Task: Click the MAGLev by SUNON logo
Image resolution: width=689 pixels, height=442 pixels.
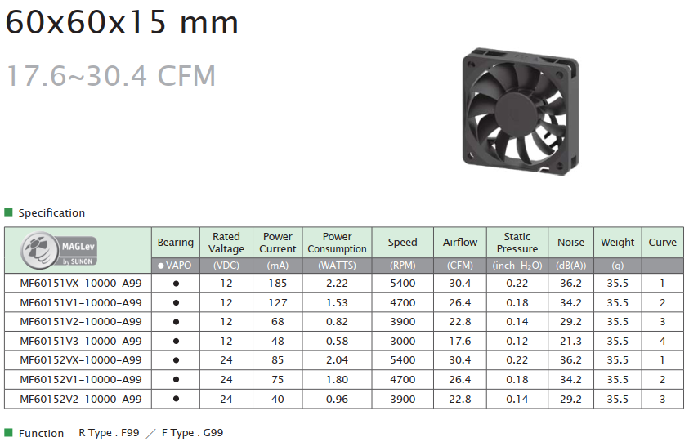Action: click(x=59, y=250)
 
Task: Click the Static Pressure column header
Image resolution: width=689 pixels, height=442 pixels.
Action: click(x=517, y=243)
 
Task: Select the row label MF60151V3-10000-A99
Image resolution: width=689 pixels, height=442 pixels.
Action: click(x=81, y=341)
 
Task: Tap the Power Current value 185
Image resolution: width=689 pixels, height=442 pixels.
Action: click(x=278, y=284)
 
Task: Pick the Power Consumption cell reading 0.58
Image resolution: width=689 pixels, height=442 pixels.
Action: click(x=337, y=341)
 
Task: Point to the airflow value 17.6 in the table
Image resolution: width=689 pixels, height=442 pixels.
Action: click(x=460, y=341)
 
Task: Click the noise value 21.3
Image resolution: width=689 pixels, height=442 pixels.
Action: click(x=570, y=341)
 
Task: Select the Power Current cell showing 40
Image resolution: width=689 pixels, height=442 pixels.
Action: click(x=278, y=399)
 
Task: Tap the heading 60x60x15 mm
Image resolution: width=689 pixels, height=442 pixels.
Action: click(x=122, y=22)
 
